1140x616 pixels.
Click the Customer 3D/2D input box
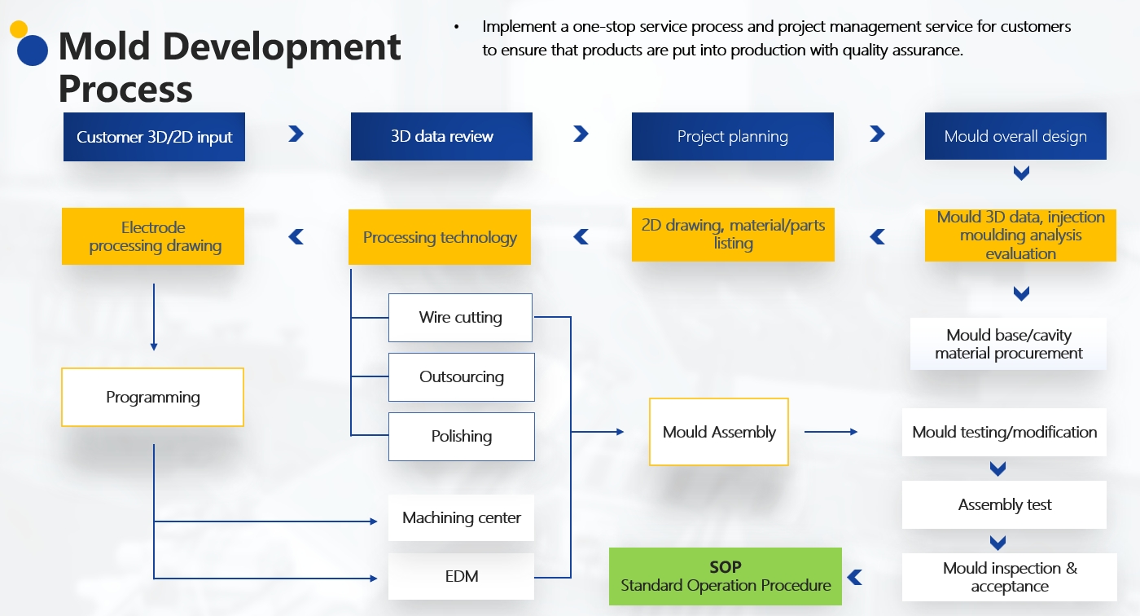154,137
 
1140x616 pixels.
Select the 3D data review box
441,137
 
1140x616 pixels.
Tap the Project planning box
732,137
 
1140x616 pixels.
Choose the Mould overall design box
1015,137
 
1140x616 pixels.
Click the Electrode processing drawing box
153,236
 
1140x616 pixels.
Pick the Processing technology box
440,237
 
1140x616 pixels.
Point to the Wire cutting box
460,318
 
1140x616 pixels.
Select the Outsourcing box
461,377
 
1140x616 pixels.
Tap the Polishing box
461,437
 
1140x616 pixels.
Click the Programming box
152,398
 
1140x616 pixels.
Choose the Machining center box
461,518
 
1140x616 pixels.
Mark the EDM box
461,577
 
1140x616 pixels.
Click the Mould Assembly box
719,432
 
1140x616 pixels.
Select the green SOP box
725,577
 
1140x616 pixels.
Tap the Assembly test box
1004,505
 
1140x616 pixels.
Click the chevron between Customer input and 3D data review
296,134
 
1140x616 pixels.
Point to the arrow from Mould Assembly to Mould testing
831,432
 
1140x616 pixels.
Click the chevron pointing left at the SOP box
854,578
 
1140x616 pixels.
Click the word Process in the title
125,89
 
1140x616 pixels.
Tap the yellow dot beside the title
19,30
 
